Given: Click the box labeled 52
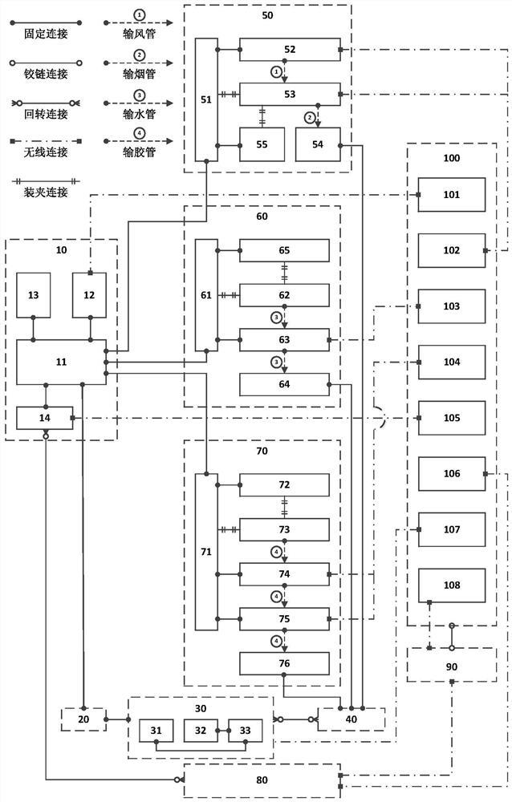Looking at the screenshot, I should click(x=290, y=50).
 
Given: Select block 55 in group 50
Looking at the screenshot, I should click(x=262, y=144).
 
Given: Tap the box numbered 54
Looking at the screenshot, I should click(x=317, y=144).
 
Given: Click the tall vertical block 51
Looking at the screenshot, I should click(x=206, y=99).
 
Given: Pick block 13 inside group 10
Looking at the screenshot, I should click(x=33, y=294).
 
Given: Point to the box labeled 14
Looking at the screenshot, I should click(x=45, y=418).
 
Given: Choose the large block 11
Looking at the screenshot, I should click(x=61, y=362).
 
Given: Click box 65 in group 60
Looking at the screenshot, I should click(x=284, y=250).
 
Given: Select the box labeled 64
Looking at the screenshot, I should click(x=284, y=384).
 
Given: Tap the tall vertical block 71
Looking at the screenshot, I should click(x=206, y=552).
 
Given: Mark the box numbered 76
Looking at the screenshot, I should click(x=284, y=663).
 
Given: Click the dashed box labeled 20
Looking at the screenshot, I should click(x=83, y=719).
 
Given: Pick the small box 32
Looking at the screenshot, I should click(x=200, y=731).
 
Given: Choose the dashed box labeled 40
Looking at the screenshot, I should click(x=351, y=719).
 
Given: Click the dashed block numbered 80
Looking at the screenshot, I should click(x=262, y=780).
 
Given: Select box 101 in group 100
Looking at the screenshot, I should click(x=452, y=194).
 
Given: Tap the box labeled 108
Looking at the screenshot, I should click(x=452, y=585).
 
